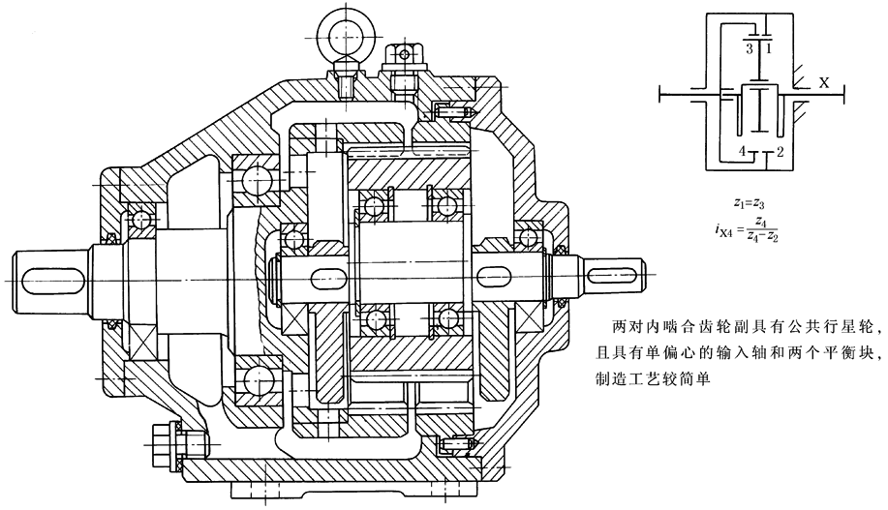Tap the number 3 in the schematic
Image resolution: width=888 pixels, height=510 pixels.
coord(749,45)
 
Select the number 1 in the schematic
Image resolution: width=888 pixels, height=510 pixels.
coord(768,45)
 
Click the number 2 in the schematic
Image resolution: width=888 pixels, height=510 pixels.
coord(779,152)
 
